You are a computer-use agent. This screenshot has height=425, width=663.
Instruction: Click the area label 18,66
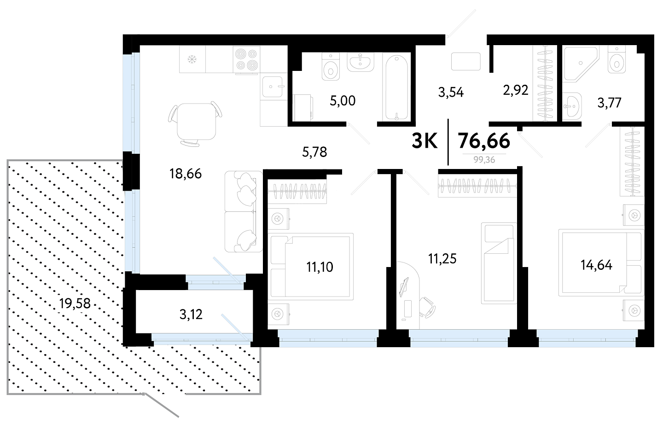[185, 174]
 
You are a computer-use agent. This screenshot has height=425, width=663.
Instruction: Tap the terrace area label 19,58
[75, 303]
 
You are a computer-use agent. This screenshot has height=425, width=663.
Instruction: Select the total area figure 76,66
[484, 141]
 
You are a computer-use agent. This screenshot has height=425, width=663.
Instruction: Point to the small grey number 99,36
[484, 160]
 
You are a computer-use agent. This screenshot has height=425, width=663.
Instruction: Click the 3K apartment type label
[425, 141]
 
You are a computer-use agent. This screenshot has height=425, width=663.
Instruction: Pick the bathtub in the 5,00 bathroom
[396, 87]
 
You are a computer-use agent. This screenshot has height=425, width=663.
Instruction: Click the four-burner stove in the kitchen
[246, 59]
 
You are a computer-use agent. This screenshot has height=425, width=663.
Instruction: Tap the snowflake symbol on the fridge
[192, 59]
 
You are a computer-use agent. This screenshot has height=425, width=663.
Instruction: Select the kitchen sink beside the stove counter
[272, 87]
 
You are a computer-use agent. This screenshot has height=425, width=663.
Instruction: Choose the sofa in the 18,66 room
[244, 211]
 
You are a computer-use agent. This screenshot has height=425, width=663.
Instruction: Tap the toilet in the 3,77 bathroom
[617, 59]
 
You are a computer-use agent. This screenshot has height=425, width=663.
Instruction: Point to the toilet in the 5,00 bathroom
[331, 67]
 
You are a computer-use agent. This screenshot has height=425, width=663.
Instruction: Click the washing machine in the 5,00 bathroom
[303, 108]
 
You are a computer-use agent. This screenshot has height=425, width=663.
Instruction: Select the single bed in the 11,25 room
[499, 263]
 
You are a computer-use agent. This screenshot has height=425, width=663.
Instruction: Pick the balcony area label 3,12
[191, 314]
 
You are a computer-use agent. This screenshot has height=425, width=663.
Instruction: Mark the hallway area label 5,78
[314, 152]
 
